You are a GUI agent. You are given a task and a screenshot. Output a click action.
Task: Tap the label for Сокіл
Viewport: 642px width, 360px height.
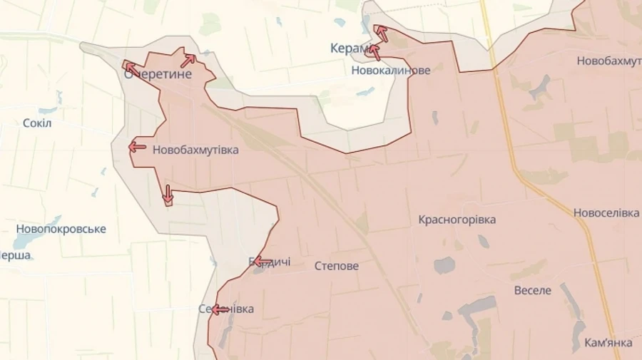pos(37,123)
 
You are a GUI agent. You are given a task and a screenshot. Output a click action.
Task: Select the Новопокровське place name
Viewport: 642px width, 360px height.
pos(61,229)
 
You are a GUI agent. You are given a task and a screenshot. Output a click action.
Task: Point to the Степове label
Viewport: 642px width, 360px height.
pos(337,266)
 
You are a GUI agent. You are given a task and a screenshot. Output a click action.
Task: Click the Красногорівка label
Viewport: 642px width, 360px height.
pos(457,220)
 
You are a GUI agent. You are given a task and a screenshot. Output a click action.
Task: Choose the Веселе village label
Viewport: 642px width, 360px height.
pos(533,290)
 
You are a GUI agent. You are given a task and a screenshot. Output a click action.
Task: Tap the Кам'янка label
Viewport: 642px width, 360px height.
pos(607,343)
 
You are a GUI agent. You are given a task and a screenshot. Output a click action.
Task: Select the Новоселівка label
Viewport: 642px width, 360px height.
pos(606,213)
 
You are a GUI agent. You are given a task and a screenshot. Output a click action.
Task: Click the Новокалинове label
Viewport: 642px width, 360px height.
pos(391,71)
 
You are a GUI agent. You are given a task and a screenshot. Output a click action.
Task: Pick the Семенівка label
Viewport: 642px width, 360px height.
pos(226,309)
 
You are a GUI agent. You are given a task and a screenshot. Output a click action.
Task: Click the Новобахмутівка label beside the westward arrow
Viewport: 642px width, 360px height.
pos(195,150)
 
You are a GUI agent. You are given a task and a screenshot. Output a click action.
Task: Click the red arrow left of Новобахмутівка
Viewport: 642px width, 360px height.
pos(137,147)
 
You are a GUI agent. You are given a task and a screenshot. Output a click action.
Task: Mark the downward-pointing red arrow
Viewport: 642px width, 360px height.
pos(168,194)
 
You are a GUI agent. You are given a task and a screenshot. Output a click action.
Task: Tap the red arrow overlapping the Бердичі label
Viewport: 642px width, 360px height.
pos(261,261)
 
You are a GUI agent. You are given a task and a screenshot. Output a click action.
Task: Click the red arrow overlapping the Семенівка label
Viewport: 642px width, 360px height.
pos(220,309)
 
